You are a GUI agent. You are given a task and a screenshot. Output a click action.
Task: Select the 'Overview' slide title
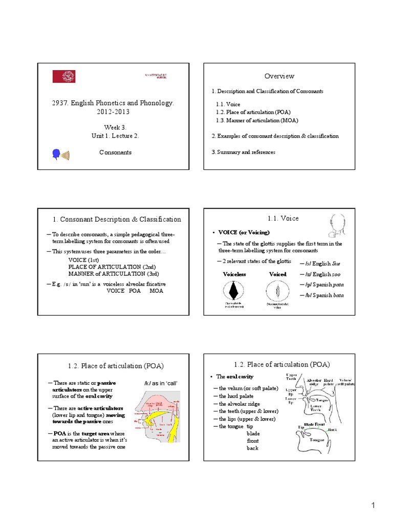pos(279,76)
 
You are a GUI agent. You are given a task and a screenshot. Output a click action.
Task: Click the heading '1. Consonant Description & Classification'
pos(117,219)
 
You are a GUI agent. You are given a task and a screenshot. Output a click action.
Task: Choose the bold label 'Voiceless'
pos(234,274)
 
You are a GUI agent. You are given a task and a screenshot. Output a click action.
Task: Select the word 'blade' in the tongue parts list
pos(253,433)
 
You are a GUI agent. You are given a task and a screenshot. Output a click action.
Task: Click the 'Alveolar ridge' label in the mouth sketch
pos(315,383)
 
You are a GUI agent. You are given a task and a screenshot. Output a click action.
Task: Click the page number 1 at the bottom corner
pos(374,506)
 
